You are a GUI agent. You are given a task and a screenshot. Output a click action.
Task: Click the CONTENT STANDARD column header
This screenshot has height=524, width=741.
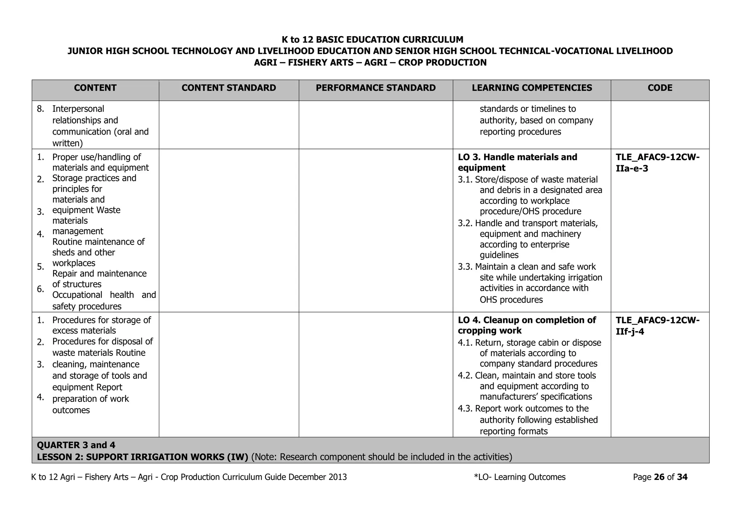229,88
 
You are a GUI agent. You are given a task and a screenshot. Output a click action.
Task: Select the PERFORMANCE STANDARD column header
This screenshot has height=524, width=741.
376,88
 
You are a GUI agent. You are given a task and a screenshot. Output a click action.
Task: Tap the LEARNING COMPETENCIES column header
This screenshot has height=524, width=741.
532,88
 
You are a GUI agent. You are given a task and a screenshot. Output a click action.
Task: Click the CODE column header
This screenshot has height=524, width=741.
660,88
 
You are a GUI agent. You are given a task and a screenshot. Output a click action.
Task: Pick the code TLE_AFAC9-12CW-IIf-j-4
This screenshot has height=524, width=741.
657,326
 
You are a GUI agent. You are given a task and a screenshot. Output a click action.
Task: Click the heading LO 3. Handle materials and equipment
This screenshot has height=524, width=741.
517,162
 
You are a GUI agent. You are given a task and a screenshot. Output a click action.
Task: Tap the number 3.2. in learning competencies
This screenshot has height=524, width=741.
466,223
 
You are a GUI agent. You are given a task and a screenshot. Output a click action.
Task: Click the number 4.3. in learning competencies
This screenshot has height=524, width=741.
466,409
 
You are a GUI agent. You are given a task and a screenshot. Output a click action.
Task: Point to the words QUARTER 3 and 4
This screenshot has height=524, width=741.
76,445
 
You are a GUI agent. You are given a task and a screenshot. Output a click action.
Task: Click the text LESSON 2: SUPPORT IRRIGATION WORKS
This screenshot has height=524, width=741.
142,457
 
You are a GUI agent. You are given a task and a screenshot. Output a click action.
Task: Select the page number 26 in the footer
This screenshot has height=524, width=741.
659,477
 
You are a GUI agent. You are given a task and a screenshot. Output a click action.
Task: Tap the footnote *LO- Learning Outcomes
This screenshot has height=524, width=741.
520,477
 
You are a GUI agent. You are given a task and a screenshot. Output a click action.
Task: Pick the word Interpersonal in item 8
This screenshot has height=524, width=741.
78,109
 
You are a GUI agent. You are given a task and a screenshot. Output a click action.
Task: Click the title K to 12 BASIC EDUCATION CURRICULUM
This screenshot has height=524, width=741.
372,39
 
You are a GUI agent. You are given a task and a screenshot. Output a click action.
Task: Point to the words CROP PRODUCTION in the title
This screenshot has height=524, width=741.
442,63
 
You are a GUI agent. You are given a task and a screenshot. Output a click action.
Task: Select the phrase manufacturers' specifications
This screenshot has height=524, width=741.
535,397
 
